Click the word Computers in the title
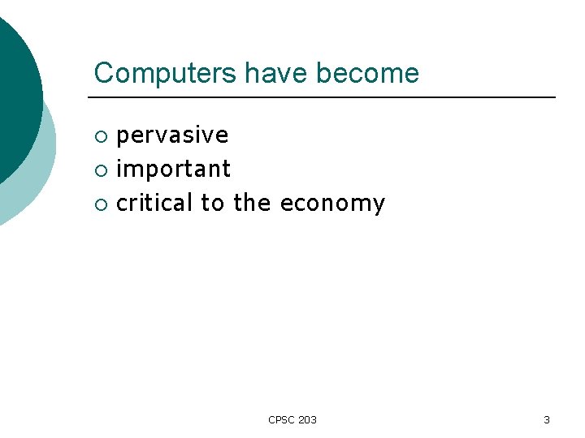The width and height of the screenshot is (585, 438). click(x=166, y=74)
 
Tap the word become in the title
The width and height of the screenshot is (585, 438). click(x=367, y=74)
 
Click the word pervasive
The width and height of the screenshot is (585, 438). click(x=172, y=135)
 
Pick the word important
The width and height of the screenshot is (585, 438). click(x=174, y=169)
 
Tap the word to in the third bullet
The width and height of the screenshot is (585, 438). click(x=212, y=204)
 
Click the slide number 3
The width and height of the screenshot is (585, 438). click(x=546, y=419)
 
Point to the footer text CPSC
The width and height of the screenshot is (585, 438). click(x=281, y=419)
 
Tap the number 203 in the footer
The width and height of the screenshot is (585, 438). click(x=307, y=419)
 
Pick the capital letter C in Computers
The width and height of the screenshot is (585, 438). click(x=103, y=74)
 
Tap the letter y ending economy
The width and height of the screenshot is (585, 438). click(x=378, y=205)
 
